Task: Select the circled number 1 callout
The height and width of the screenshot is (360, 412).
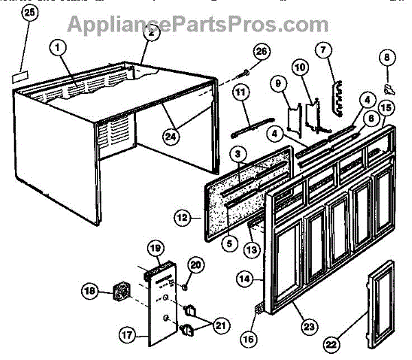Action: (x=58, y=48)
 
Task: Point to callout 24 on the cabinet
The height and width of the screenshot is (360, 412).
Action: (x=169, y=136)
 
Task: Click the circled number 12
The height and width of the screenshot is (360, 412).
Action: (x=182, y=219)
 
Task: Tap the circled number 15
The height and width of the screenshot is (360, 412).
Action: (x=386, y=107)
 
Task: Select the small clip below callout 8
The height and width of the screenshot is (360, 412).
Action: (x=389, y=87)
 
